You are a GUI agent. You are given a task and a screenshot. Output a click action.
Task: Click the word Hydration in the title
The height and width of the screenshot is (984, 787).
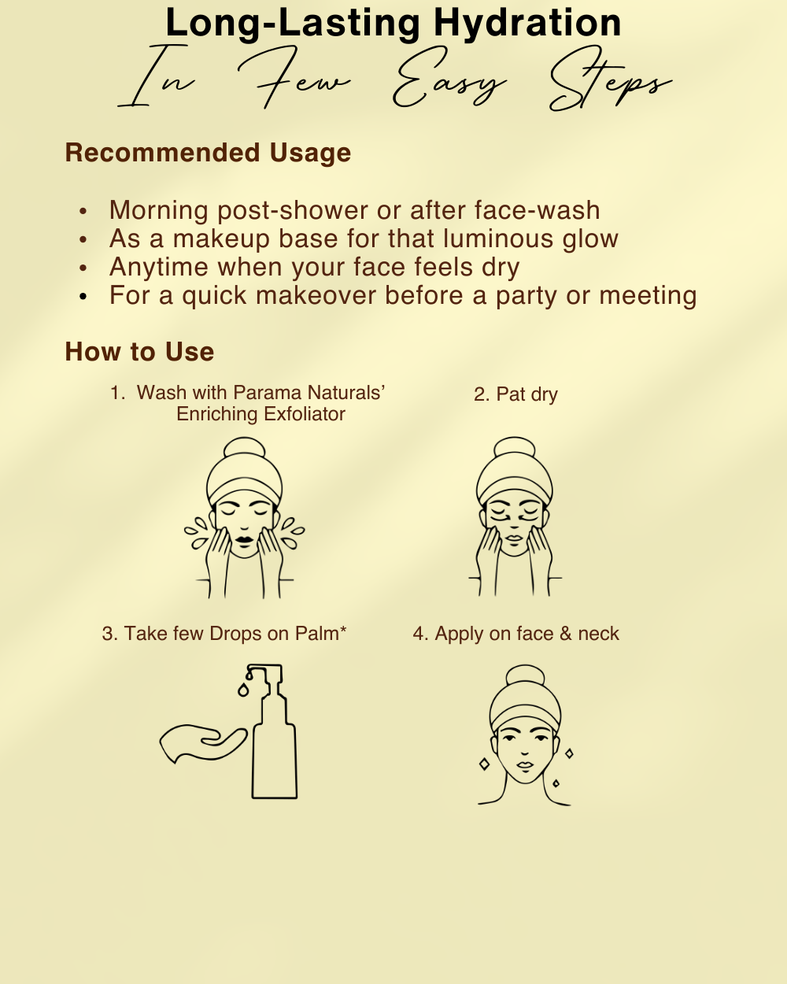click(527, 24)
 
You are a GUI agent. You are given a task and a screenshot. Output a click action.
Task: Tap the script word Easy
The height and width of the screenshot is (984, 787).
click(449, 78)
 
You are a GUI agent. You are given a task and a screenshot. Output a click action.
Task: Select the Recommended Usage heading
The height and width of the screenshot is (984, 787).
click(208, 153)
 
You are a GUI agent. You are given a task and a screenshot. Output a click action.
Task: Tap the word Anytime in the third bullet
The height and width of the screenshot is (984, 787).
click(159, 268)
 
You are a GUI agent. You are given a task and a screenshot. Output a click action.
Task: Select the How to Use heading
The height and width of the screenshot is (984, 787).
click(139, 352)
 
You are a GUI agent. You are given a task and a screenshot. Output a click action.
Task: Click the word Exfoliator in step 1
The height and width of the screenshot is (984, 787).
click(304, 414)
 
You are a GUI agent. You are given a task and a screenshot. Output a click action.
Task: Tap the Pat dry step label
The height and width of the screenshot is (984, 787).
click(515, 394)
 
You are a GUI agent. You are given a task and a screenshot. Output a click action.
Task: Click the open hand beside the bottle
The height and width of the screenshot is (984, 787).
click(201, 743)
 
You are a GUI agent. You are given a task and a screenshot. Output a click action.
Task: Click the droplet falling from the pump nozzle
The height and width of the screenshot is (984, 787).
click(243, 690)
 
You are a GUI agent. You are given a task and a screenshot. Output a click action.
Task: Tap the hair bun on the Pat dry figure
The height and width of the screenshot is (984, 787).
click(515, 446)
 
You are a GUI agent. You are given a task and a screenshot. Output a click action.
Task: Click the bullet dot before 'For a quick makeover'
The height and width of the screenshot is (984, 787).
click(83, 297)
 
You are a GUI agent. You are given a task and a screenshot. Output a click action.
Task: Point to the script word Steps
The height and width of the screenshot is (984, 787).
click(611, 79)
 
